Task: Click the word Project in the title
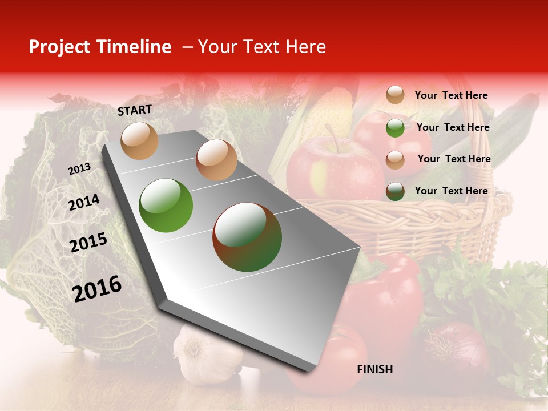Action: [x=59, y=47]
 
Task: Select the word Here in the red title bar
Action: [x=305, y=47]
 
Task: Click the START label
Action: [x=135, y=110]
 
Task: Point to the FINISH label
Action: [x=375, y=369]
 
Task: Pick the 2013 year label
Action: [x=79, y=169]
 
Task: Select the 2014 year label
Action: [x=84, y=203]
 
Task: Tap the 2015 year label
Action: [x=88, y=243]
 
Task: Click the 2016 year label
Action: [x=97, y=288]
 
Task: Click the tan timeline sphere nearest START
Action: [x=139, y=140]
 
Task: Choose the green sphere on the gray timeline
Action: [x=166, y=205]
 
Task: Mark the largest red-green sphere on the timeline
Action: [x=247, y=236]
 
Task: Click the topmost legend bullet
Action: [x=395, y=95]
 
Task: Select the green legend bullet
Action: [x=395, y=128]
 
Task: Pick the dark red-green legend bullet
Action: [x=395, y=191]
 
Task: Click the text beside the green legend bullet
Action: [x=453, y=127]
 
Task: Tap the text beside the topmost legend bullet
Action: [x=451, y=95]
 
